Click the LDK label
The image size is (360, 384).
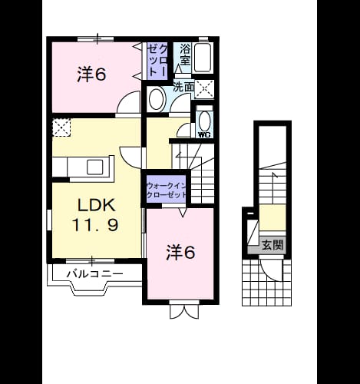pyautogui.click(x=97, y=205)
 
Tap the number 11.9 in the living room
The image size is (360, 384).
pyautogui.click(x=95, y=225)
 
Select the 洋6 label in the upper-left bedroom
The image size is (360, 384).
pyautogui.click(x=91, y=74)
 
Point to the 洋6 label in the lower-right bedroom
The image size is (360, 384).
pyautogui.click(x=180, y=252)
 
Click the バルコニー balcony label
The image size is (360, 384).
pyautogui.click(x=94, y=274)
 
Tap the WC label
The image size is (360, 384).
pyautogui.click(x=204, y=134)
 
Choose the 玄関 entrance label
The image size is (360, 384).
pyautogui.click(x=272, y=245)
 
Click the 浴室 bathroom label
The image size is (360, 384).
pyautogui.click(x=185, y=55)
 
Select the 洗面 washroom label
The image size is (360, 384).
pyautogui.click(x=183, y=88)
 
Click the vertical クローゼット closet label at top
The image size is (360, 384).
pyautogui.click(x=158, y=61)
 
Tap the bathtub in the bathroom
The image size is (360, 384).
pyautogui.click(x=203, y=58)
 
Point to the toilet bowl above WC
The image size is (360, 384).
pyautogui.click(x=205, y=121)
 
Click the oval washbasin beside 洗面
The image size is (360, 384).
pyautogui.click(x=156, y=99)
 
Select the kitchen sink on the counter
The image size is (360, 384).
pyautogui.click(x=94, y=167)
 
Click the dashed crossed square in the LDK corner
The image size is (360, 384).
pyautogui.click(x=61, y=127)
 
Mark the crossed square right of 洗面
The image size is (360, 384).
pyautogui.click(x=204, y=89)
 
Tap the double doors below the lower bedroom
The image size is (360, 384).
pyautogui.click(x=184, y=310)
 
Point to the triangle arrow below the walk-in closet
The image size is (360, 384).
pyautogui.click(x=183, y=213)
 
